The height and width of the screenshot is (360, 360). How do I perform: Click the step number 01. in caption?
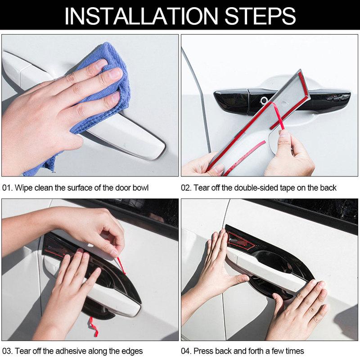point(8,187)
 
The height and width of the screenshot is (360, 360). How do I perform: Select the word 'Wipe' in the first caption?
point(24,187)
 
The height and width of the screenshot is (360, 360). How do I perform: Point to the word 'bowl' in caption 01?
point(140,187)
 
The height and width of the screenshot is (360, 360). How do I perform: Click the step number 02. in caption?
point(187,187)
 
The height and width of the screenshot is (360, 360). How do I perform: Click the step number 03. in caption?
point(8,351)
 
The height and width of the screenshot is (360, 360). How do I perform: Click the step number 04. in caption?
point(187,351)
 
